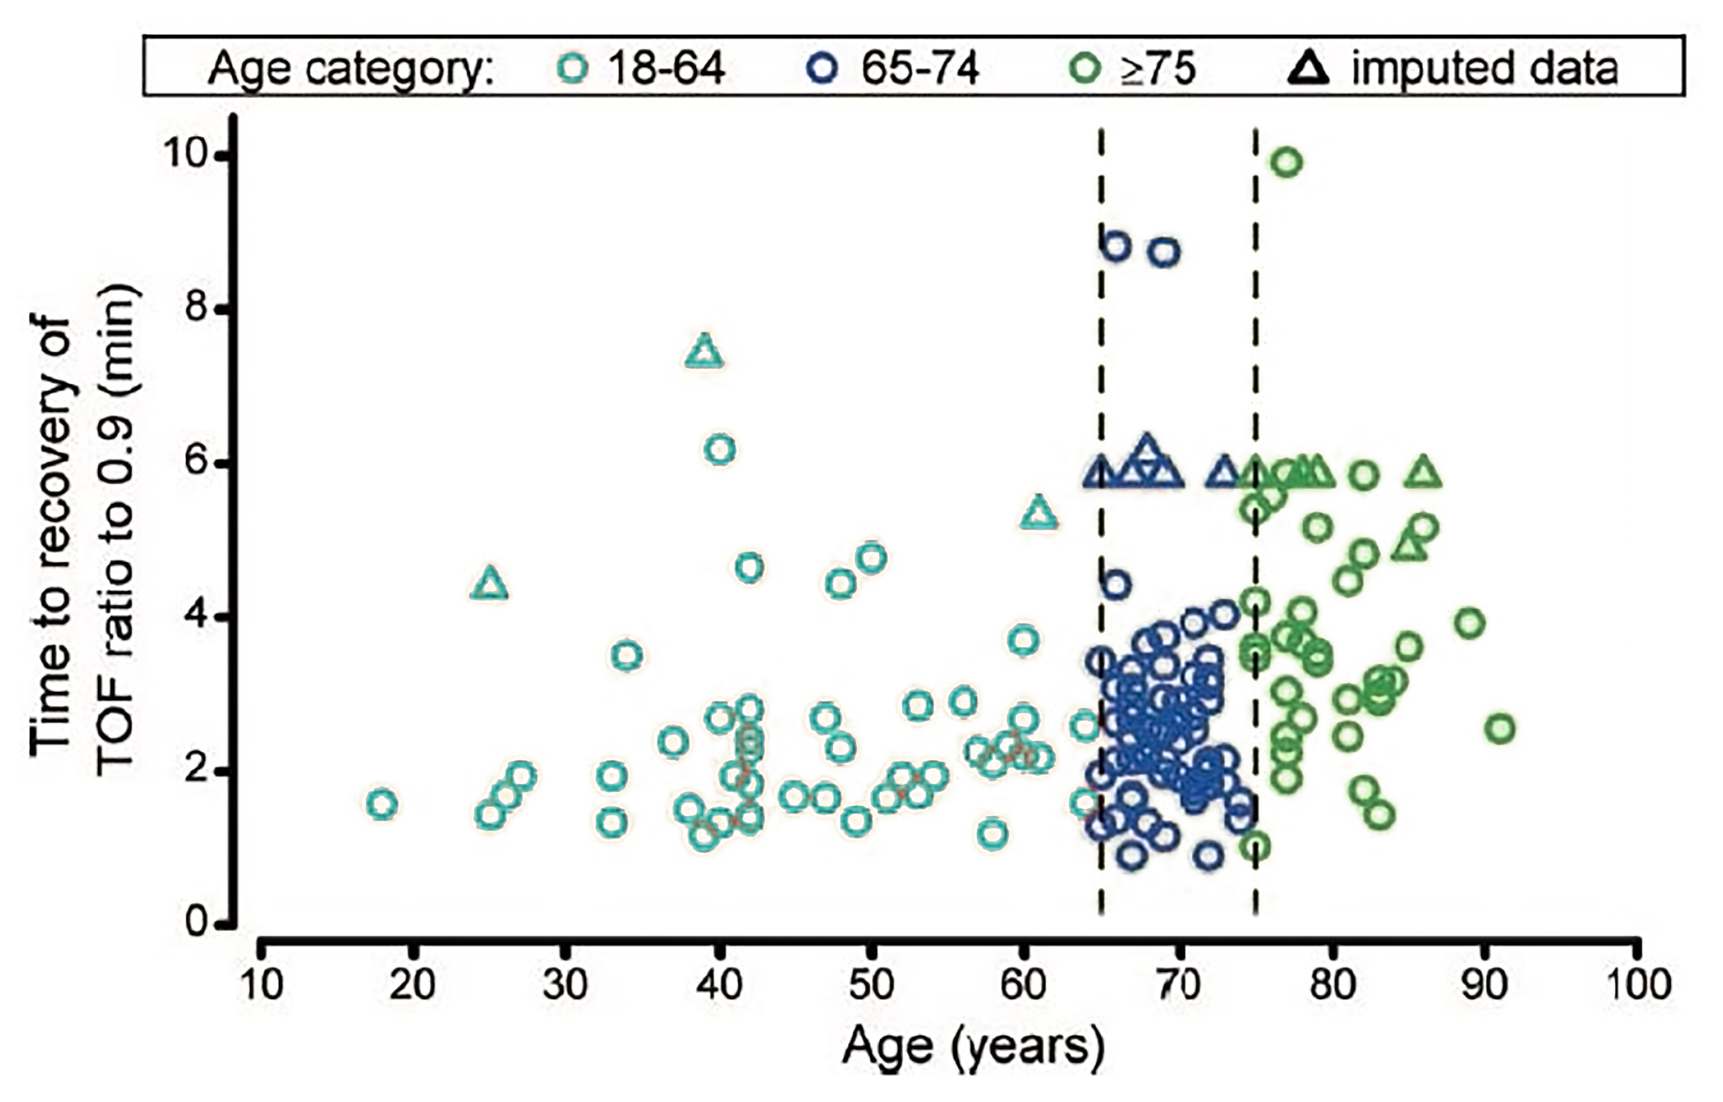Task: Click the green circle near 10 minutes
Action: (1287, 163)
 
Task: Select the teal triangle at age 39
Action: (705, 352)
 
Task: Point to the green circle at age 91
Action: (1501, 729)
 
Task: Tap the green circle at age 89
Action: (1470, 623)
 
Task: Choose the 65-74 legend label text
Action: (920, 69)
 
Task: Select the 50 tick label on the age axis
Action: (871, 985)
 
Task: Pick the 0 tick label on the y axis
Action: (198, 923)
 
